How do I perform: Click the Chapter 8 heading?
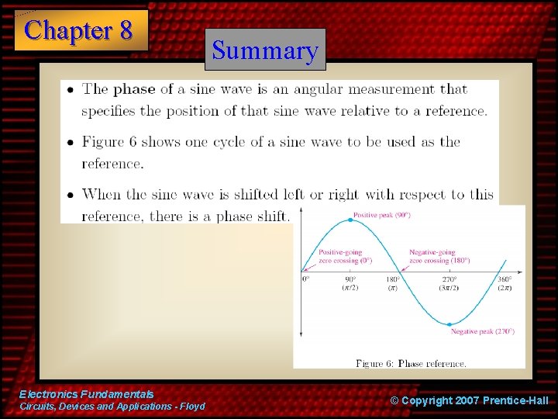(x=79, y=30)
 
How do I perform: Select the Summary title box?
(x=265, y=50)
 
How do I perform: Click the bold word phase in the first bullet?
(x=134, y=89)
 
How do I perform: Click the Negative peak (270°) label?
(x=482, y=331)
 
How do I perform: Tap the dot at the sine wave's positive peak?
(x=350, y=220)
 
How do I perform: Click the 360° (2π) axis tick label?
(x=505, y=283)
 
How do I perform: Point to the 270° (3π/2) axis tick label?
(x=449, y=283)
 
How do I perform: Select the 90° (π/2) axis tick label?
(x=350, y=283)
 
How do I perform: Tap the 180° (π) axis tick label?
(x=392, y=283)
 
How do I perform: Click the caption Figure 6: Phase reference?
(x=411, y=363)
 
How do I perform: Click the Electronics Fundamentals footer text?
(x=87, y=395)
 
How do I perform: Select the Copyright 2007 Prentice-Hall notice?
(x=470, y=400)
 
